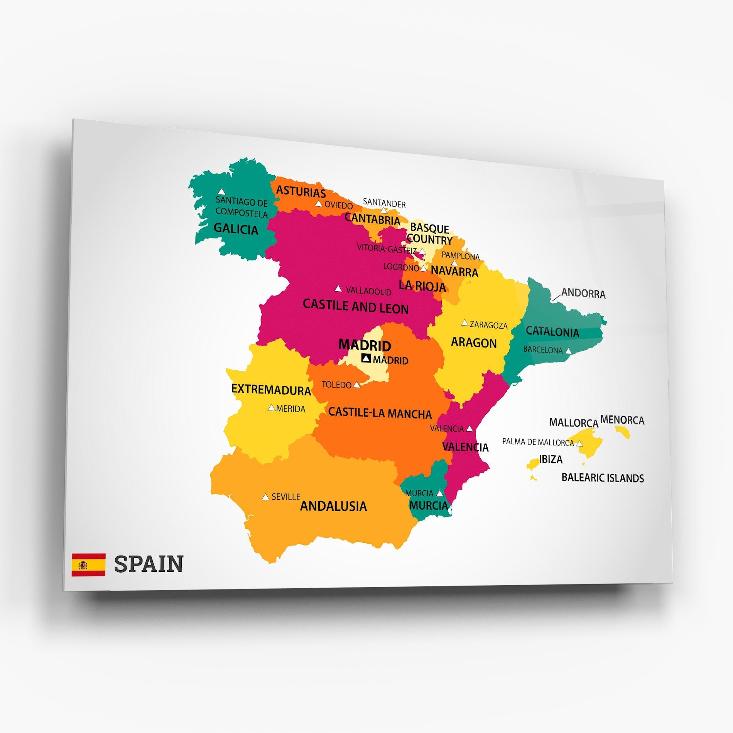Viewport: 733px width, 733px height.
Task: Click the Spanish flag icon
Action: click(x=88, y=565)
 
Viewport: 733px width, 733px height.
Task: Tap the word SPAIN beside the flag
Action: click(x=149, y=564)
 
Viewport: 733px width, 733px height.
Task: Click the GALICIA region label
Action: click(x=236, y=229)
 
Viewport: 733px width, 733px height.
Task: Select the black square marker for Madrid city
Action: click(x=366, y=358)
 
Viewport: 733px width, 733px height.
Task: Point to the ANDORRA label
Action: click(x=583, y=293)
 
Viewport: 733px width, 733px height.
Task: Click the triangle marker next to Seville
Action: click(x=265, y=497)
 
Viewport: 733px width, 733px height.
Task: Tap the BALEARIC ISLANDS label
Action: click(x=603, y=478)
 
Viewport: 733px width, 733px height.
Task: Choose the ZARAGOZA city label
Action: click(x=488, y=325)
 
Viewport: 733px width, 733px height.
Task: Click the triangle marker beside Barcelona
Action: click(x=568, y=351)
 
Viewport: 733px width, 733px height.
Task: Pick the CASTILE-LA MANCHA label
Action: click(x=380, y=414)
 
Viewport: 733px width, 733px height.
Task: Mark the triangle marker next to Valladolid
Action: click(x=338, y=289)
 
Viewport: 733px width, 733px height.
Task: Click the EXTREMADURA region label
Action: click(x=271, y=390)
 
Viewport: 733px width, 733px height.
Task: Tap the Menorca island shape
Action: click(x=622, y=431)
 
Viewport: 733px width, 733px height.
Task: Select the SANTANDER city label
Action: click(x=384, y=203)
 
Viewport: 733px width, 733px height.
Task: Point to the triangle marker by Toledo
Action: click(x=357, y=385)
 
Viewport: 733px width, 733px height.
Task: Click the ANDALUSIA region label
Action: click(x=333, y=506)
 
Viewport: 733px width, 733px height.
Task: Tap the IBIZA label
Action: click(x=551, y=459)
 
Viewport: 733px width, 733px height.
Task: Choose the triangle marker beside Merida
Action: click(x=272, y=408)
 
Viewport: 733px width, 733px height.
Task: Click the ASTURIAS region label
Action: click(x=301, y=191)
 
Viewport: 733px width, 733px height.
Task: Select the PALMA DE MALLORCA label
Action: click(x=538, y=442)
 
